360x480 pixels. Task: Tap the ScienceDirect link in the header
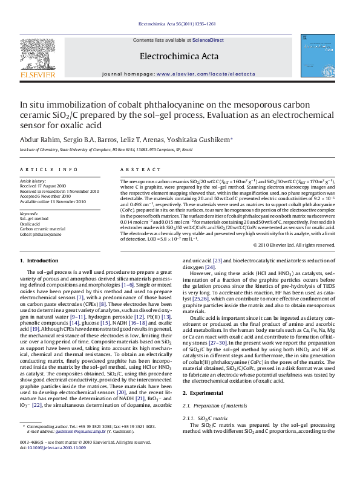point(208,40)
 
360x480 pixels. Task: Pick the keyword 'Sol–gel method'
point(35,218)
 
